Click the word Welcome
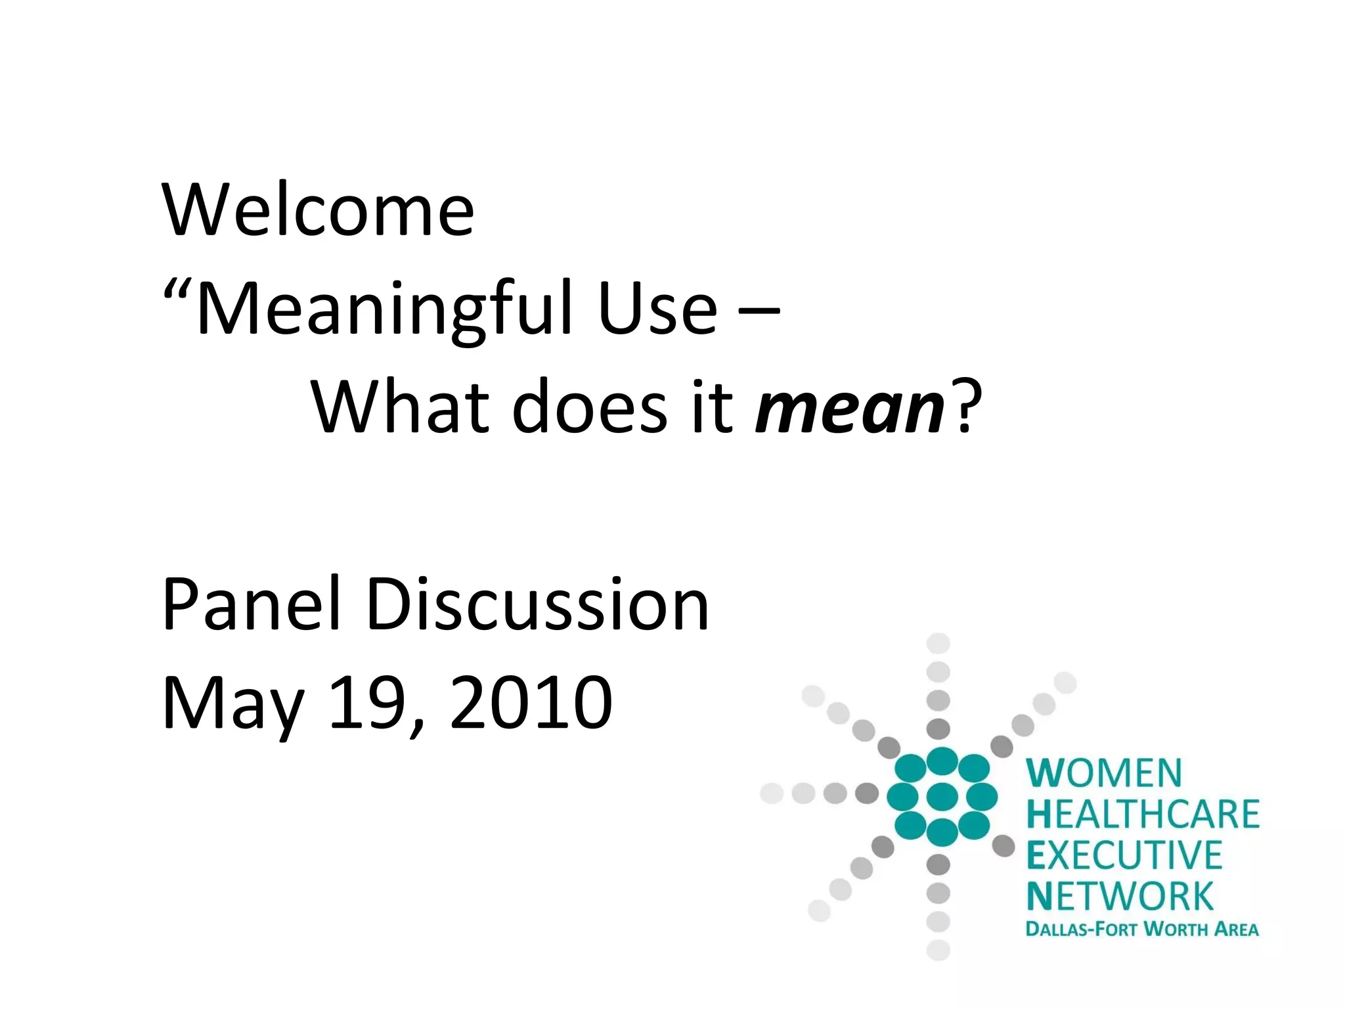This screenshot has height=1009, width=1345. pyautogui.click(x=318, y=210)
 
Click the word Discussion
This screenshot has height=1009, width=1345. pyautogui.click(x=537, y=604)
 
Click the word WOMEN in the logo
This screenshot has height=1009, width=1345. pyautogui.click(x=1104, y=773)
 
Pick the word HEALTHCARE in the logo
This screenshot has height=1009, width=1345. pyautogui.click(x=1143, y=814)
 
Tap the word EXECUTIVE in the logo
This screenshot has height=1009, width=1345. pyautogui.click(x=1124, y=855)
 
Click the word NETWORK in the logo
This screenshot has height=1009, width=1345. pyautogui.click(x=1120, y=896)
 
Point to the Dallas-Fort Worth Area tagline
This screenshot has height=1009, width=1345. pyautogui.click(x=1142, y=929)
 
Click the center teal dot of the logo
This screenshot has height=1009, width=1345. pyautogui.click(x=942, y=796)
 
